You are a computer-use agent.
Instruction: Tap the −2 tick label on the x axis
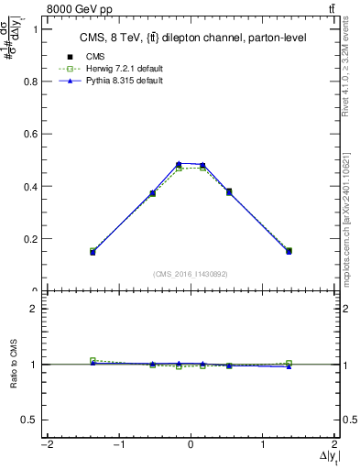coord(45,445)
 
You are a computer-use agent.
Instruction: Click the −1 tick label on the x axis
coord(117,445)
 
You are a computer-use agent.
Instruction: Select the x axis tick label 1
coord(264,445)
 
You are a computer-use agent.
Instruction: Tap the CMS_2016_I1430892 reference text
coord(190,274)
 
